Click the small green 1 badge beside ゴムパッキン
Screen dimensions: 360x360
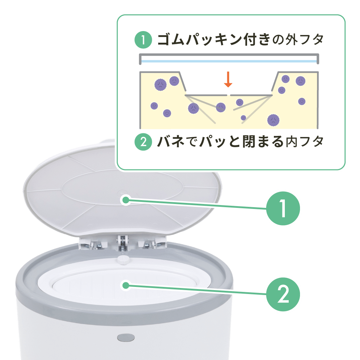143,40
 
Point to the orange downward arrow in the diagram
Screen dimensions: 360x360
228,80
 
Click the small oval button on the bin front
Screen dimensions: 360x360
126,337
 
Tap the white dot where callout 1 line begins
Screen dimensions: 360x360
125,200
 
